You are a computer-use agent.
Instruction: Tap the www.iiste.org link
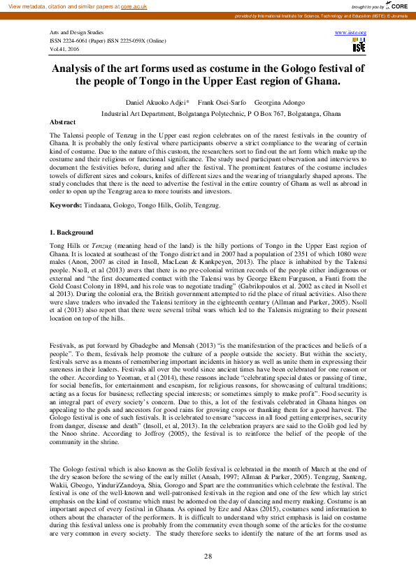(351, 33)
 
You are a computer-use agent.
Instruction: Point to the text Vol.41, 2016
(64, 50)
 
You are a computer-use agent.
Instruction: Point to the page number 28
(208, 556)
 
